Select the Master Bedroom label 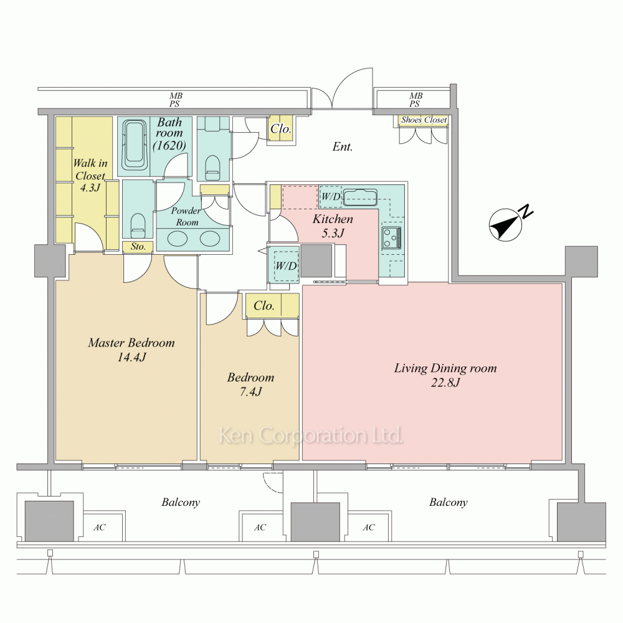(131, 343)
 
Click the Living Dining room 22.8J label (445, 375)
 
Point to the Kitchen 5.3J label (333, 226)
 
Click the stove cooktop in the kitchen (391, 237)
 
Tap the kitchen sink (360, 197)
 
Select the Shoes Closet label (424, 120)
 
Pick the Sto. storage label (138, 247)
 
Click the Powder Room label (186, 216)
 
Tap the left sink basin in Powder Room (177, 239)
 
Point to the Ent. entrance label (342, 146)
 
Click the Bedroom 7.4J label (250, 384)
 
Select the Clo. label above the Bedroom (264, 305)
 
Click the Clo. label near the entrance (281, 129)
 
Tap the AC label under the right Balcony (369, 527)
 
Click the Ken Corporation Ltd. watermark (311, 435)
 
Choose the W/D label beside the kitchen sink (331, 196)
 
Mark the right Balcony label (448, 503)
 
